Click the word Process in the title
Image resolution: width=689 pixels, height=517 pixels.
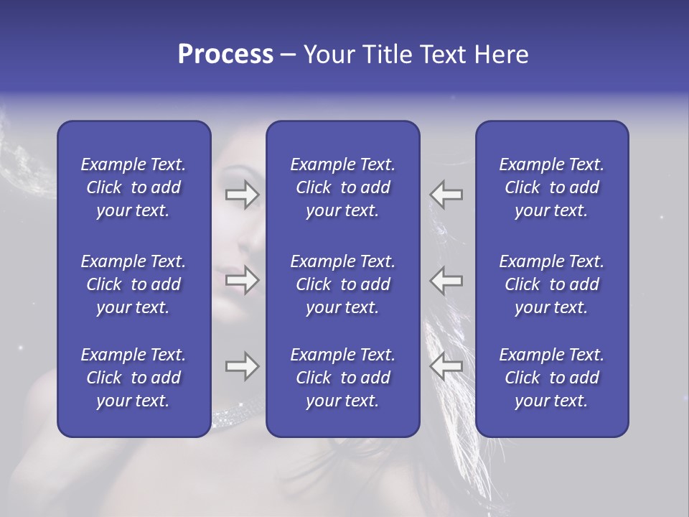tap(225, 55)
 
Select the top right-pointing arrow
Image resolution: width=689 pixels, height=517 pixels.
tap(243, 195)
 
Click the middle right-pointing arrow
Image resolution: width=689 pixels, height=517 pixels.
tap(243, 280)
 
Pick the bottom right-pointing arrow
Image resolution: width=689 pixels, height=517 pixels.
tap(243, 366)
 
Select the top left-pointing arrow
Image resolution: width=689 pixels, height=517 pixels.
tap(446, 195)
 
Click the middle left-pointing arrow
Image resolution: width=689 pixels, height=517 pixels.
tap(446, 280)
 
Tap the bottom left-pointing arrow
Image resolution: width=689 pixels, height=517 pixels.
tap(446, 366)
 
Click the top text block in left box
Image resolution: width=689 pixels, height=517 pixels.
tap(133, 187)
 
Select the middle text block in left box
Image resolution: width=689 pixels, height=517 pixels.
tap(133, 284)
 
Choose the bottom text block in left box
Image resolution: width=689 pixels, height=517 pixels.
tap(133, 378)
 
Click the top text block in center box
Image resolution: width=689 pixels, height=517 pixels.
tap(342, 187)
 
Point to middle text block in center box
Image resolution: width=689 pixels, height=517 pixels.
tap(342, 284)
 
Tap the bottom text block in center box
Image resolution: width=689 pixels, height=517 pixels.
tap(342, 378)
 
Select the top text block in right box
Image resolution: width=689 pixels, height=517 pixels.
tap(551, 187)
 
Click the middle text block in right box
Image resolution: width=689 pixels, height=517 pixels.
tap(551, 284)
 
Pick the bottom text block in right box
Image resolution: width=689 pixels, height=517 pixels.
tap(551, 378)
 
